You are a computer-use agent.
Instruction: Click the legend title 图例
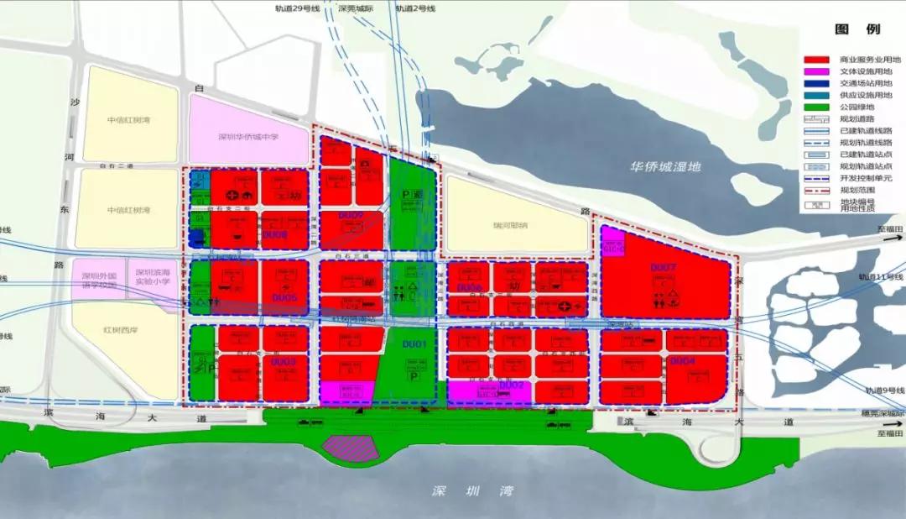point(857,29)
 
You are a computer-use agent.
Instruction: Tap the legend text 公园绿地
point(856,107)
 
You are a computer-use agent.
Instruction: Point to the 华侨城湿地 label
point(665,166)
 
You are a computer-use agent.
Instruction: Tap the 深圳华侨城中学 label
point(249,137)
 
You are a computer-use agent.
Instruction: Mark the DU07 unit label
point(663,268)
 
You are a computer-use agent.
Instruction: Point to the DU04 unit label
point(682,361)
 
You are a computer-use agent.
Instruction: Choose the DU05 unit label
point(284,298)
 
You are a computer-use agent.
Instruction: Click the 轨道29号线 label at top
point(297,8)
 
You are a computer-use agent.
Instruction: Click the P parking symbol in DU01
point(414,377)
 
